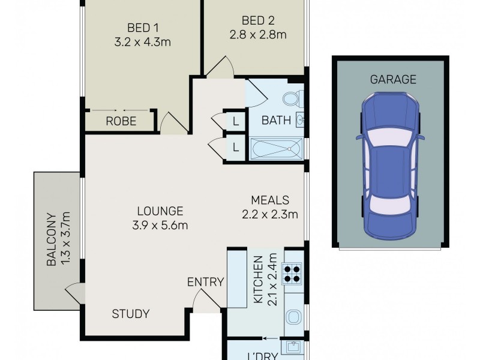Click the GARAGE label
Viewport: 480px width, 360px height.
tap(393, 79)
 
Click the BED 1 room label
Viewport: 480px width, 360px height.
tap(142, 28)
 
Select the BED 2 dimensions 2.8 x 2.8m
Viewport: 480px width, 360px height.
tap(257, 34)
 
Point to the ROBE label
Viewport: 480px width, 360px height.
tap(121, 121)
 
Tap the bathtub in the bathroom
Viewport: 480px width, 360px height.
tap(276, 147)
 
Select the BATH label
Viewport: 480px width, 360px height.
tap(276, 121)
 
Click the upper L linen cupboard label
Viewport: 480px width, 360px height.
tap(236, 121)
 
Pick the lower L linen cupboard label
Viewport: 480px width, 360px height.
tap(236, 146)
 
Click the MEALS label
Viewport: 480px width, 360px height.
tap(270, 200)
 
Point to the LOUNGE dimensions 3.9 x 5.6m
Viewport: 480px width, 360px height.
tap(160, 226)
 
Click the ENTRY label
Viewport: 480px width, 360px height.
tap(205, 282)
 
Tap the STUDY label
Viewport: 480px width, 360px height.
tap(130, 314)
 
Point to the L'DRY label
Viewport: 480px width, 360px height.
tap(264, 355)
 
